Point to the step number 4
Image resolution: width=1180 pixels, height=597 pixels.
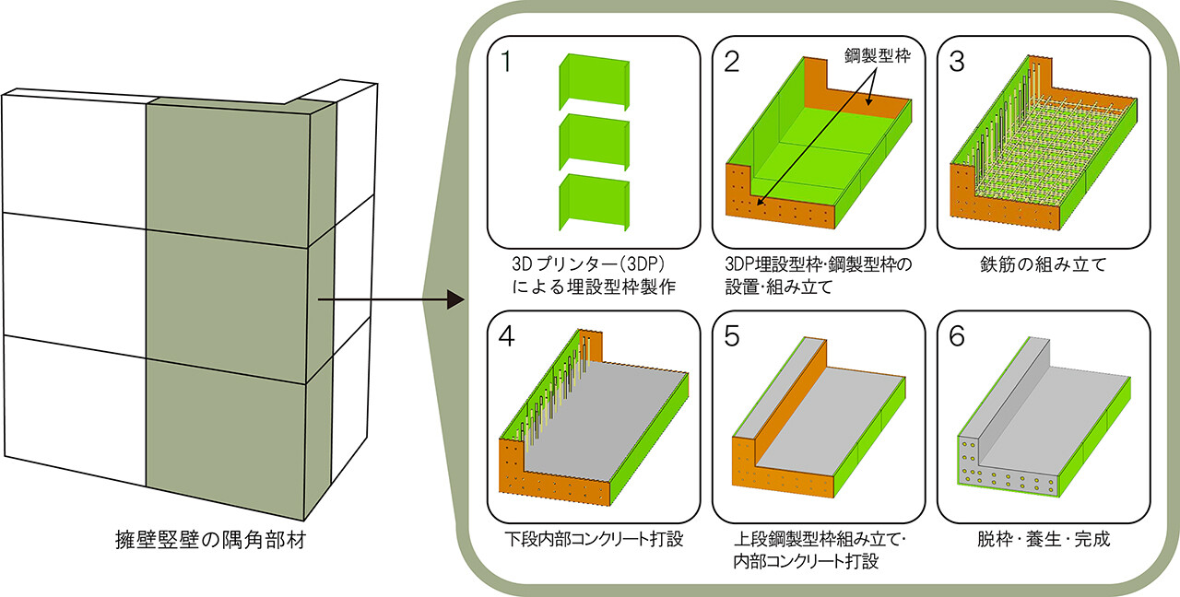click(x=505, y=338)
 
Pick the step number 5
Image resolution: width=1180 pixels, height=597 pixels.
click(x=733, y=338)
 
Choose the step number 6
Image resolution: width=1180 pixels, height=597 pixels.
click(x=957, y=338)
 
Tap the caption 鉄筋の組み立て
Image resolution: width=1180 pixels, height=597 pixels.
click(x=1043, y=265)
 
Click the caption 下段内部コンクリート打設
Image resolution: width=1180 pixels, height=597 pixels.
click(x=595, y=538)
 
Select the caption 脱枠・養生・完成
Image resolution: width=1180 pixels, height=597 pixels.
click(x=1043, y=538)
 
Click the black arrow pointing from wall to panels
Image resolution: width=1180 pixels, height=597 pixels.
click(x=387, y=299)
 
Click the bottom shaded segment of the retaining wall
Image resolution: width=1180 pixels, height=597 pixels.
click(x=226, y=424)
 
